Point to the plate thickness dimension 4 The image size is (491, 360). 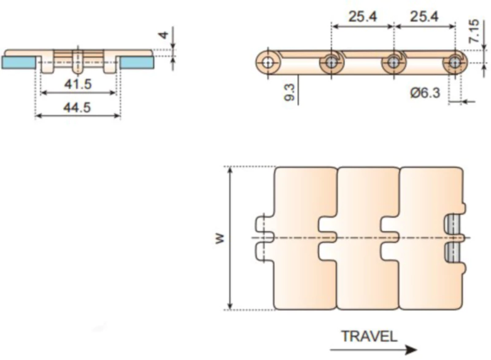163,35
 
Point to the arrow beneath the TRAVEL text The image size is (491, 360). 378,350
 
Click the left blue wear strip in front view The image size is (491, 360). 18,62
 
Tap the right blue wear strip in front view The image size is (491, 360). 137,62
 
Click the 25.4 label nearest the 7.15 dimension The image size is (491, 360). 424,17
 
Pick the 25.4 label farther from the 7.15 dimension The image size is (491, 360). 362,17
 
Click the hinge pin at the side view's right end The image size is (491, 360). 455,62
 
